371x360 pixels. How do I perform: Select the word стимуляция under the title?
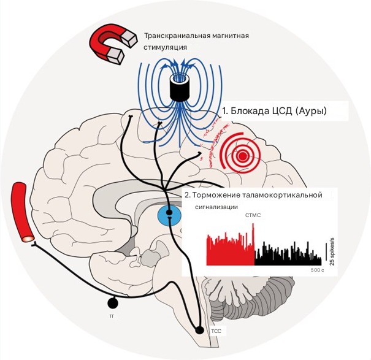(x=165, y=47)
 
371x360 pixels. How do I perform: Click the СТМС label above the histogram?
(x=253, y=216)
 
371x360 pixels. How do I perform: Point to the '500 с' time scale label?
(x=316, y=270)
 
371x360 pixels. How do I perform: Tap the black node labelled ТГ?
(x=112, y=302)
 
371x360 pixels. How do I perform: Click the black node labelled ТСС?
(x=199, y=330)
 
